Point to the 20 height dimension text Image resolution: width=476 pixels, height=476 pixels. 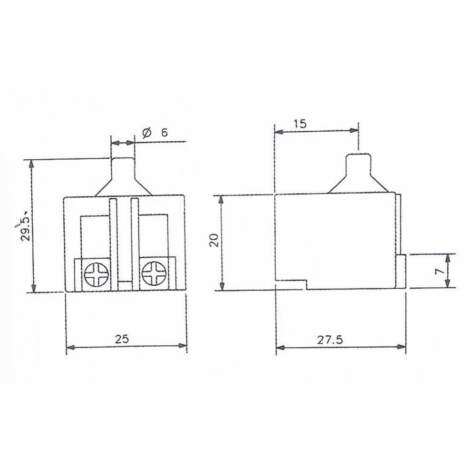tap(214, 240)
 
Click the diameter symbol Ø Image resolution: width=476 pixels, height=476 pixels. tap(146, 134)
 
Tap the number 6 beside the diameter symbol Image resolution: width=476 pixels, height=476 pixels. tap(164, 134)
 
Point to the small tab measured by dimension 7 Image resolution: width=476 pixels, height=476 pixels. tap(401, 271)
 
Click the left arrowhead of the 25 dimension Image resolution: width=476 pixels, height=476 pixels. tap(69, 348)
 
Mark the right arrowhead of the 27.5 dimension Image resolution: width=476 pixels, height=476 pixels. tap(402, 348)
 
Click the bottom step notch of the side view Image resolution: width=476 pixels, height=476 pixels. tap(306, 284)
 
